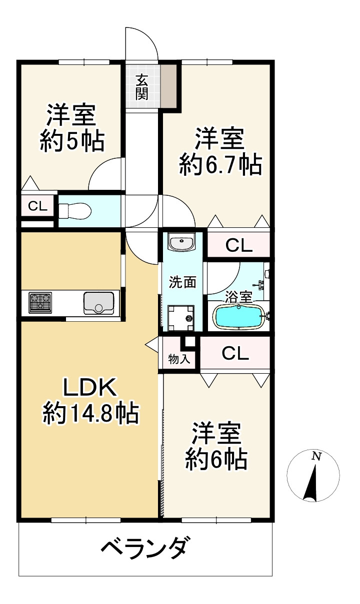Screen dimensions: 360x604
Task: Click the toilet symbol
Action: point(75,211)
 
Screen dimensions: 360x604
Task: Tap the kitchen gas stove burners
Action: point(40,303)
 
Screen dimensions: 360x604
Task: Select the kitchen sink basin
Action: point(99,303)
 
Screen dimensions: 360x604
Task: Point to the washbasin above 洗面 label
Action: point(181,241)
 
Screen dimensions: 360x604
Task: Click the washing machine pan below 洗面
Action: point(181,318)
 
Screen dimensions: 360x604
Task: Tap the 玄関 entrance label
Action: point(141,87)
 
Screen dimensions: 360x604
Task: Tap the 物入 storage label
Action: point(179,359)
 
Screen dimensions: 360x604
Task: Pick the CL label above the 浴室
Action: point(239,246)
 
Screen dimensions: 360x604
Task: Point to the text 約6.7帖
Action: point(220,164)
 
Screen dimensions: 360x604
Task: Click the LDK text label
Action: point(89,387)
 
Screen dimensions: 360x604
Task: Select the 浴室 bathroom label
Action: point(238,297)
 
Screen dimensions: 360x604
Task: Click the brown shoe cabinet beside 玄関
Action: point(169,85)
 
